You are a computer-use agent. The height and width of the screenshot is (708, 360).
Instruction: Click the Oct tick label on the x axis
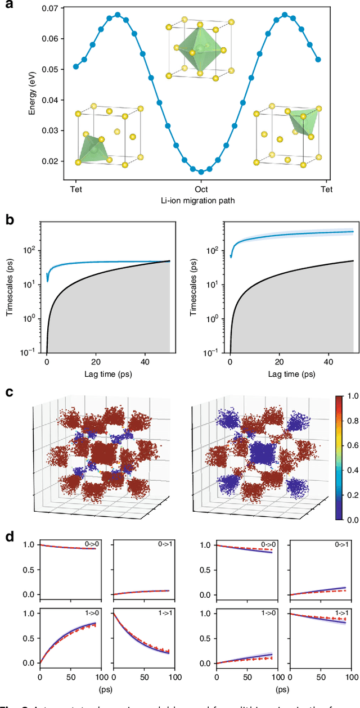click(x=201, y=189)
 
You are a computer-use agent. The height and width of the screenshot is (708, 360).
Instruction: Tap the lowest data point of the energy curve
click(x=201, y=172)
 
